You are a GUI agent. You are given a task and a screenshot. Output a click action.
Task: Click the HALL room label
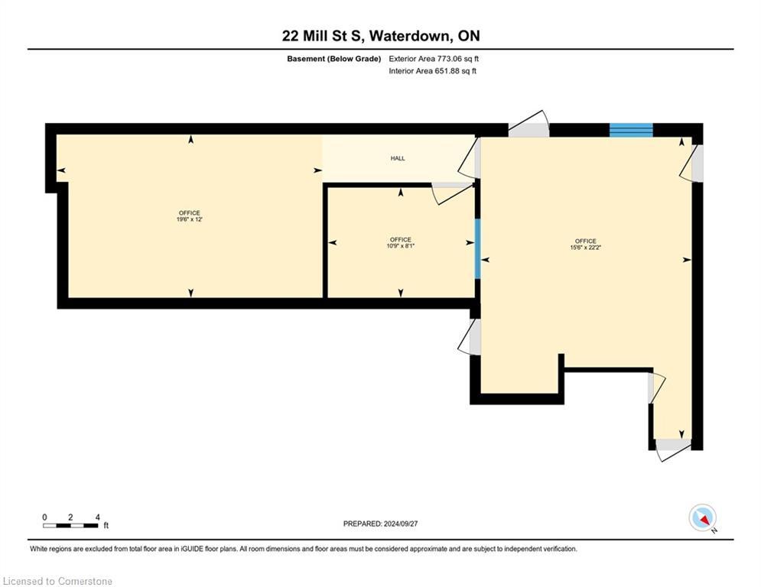(x=398, y=158)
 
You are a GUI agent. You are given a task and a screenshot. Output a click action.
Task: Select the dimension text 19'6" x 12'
(x=189, y=219)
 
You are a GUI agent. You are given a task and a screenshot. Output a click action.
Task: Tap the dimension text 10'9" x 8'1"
(x=400, y=246)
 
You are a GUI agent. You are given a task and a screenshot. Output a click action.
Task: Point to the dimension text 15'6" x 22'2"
(x=585, y=248)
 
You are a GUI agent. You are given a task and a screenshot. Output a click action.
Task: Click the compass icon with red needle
(x=701, y=517)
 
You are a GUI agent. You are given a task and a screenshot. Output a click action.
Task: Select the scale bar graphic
(x=70, y=525)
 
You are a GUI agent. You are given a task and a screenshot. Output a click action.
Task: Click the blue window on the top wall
(x=631, y=130)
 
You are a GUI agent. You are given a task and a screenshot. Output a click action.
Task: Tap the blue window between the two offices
(x=478, y=248)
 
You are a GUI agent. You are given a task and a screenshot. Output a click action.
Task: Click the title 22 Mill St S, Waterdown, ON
(x=380, y=36)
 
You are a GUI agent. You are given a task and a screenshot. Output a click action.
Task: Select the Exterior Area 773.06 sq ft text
(x=434, y=59)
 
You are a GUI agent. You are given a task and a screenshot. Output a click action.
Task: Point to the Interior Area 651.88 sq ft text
(x=432, y=71)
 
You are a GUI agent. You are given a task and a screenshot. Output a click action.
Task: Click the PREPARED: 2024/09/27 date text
(x=380, y=524)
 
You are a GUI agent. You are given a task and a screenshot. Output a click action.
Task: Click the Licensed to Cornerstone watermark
(x=58, y=582)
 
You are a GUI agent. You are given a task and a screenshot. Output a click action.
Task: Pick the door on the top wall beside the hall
(x=528, y=124)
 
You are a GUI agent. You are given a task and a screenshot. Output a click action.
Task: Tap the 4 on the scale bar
(x=97, y=517)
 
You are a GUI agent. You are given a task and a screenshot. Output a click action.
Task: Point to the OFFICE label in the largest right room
(x=585, y=241)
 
